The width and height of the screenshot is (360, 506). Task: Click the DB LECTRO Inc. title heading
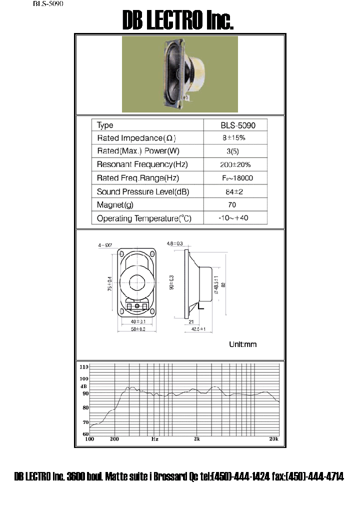click(178, 21)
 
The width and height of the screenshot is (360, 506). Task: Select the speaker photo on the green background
click(179, 74)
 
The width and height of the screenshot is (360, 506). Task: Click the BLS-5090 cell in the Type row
click(235, 125)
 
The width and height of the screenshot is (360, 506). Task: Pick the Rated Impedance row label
click(136, 138)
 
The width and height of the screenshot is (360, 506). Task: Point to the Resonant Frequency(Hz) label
click(142, 164)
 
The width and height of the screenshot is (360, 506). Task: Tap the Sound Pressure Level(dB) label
click(142, 191)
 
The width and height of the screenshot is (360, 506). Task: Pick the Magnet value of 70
click(231, 204)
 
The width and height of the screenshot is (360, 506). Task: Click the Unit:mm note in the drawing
click(242, 344)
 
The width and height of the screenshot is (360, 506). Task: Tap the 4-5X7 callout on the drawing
click(105, 245)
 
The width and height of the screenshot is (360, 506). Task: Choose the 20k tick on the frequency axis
click(273, 439)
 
